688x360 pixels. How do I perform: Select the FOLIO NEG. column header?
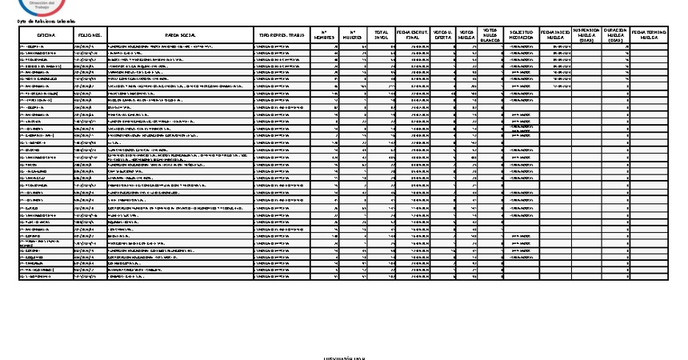click(89, 35)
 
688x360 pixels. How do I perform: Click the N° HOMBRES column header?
click(324, 35)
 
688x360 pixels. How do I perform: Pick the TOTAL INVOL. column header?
click(382, 35)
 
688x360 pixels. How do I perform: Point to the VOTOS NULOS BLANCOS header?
click(490, 35)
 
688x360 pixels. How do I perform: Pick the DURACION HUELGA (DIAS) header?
click(614, 35)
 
